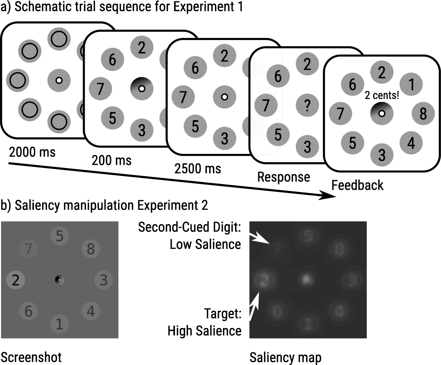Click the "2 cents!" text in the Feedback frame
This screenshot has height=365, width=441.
[x=382, y=95]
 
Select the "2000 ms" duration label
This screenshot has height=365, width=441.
[x=32, y=152]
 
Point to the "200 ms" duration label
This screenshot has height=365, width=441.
[x=112, y=160]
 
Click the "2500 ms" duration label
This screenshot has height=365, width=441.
[x=198, y=168]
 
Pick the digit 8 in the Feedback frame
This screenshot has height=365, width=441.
[x=423, y=113]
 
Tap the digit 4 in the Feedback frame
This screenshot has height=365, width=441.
[x=411, y=143]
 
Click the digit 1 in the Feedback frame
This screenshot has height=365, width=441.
[x=411, y=84]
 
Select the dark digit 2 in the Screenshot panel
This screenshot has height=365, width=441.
[x=16, y=280]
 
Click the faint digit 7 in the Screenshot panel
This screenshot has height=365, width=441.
[x=28, y=249]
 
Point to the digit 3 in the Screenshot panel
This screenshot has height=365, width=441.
[x=103, y=280]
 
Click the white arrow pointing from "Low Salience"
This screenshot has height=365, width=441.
[x=260, y=238]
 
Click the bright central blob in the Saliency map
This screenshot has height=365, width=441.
[x=307, y=279]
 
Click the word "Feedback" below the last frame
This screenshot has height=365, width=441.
[x=357, y=185]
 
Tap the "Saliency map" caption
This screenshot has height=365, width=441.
[x=285, y=357]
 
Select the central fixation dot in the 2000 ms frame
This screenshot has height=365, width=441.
[x=59, y=80]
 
